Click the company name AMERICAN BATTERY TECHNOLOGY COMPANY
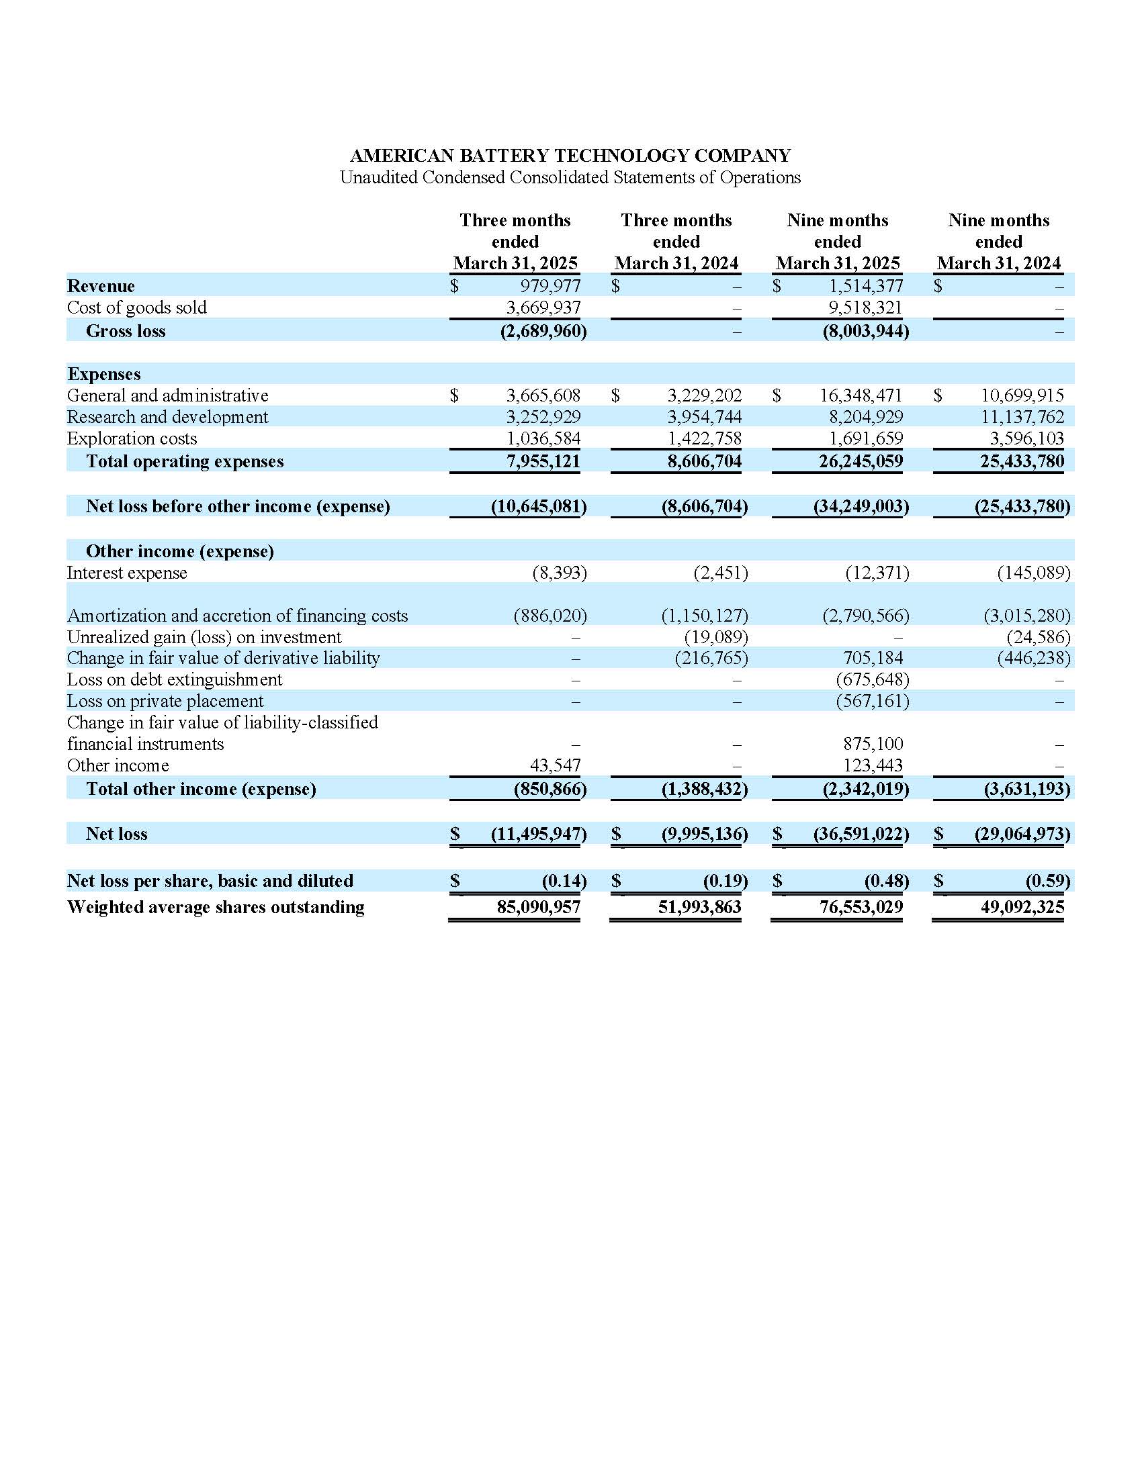point(570,156)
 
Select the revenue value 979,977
point(550,286)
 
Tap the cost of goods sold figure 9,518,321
point(865,307)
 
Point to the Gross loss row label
point(125,332)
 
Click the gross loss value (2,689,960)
point(543,332)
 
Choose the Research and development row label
point(167,418)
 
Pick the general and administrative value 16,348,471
point(861,395)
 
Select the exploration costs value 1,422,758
point(704,439)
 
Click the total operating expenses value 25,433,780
point(1022,462)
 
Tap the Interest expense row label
point(126,573)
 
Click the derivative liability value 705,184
point(873,658)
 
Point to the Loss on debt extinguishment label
point(175,679)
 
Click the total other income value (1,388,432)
point(704,790)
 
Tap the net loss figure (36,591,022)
point(861,834)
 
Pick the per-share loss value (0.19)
point(726,882)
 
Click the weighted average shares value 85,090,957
point(539,908)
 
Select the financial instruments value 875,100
point(873,744)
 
